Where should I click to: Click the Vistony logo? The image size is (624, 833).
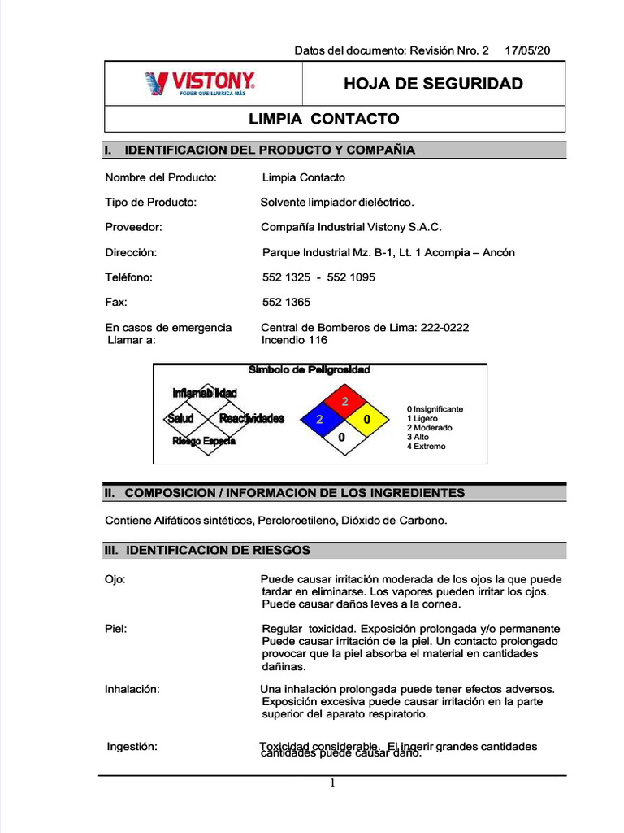200,83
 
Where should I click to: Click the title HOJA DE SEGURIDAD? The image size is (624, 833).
433,84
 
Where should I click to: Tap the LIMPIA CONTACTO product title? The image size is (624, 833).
323,119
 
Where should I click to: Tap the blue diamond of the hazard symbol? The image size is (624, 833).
320,420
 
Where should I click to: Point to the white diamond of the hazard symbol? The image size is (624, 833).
342,438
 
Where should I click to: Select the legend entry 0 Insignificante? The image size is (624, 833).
435,409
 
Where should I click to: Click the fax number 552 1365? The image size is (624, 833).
287,302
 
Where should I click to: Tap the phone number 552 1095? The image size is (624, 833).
351,277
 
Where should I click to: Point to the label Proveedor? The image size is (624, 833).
134,227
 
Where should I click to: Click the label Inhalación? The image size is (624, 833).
132,689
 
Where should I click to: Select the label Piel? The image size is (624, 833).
116,629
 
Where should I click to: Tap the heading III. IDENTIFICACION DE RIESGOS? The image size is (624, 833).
207,551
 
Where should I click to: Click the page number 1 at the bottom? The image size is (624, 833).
332,783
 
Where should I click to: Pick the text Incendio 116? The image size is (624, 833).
294,340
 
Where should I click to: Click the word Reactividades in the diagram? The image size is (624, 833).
252,418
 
